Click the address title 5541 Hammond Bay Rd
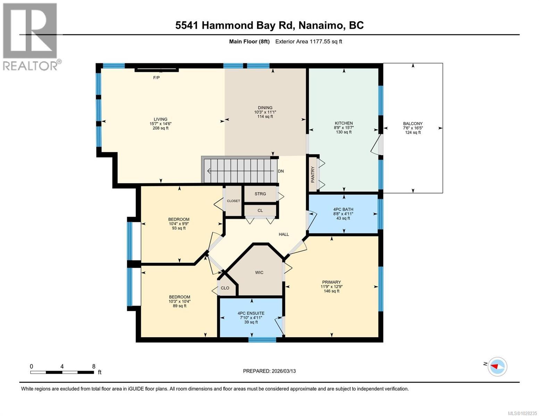pos(269,25)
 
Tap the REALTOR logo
pos(31,36)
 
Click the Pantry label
pos(313,174)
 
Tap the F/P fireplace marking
pos(157,78)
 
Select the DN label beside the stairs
pos(281,171)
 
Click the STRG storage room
pos(260,194)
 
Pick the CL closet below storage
pos(260,210)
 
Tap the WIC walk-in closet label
pos(259,272)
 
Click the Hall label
pos(284,234)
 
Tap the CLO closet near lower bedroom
pos(225,288)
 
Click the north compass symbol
pos(497,366)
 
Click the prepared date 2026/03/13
pos(269,371)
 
